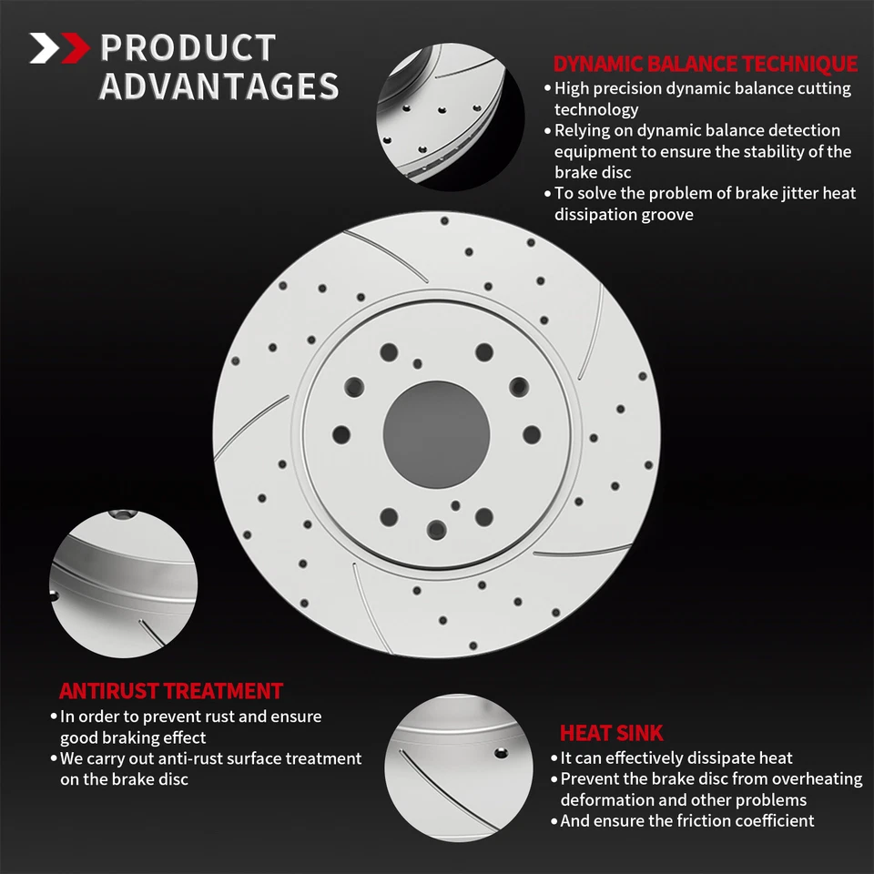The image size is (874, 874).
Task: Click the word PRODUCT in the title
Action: click(x=188, y=47)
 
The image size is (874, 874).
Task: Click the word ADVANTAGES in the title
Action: click(x=218, y=86)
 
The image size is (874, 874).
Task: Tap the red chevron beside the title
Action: click(x=73, y=47)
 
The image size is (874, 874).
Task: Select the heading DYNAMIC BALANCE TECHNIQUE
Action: click(x=705, y=64)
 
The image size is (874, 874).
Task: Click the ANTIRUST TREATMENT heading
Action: click(x=171, y=691)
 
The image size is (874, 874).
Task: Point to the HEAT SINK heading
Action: click(x=611, y=733)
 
